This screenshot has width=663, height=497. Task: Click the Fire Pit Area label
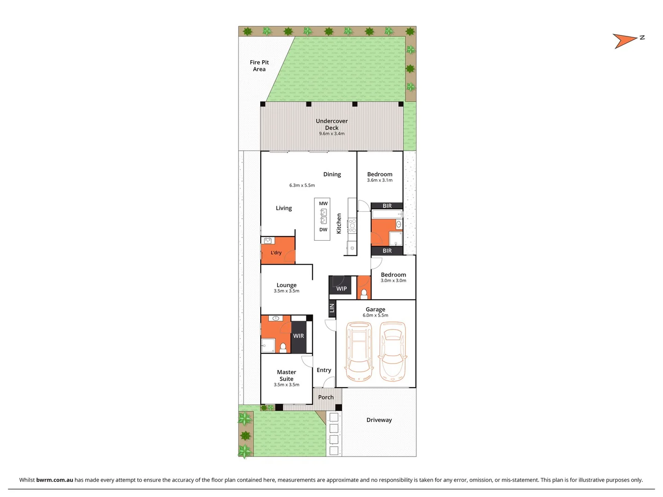[259, 66]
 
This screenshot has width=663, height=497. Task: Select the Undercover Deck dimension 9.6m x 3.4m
[331, 134]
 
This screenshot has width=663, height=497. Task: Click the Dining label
[332, 174]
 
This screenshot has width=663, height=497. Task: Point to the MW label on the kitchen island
[323, 203]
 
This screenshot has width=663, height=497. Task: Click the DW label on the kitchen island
[323, 230]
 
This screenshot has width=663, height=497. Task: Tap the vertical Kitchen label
[339, 223]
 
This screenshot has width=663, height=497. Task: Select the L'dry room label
[276, 253]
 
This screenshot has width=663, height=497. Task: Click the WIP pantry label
[341, 289]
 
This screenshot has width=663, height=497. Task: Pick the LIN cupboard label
[331, 308]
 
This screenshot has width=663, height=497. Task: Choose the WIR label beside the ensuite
[298, 336]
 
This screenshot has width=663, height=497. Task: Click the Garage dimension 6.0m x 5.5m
[375, 316]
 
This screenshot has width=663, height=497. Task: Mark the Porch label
[326, 397]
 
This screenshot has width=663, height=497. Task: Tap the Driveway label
[379, 420]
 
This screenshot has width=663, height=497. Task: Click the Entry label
[324, 370]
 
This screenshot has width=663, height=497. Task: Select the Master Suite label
[286, 376]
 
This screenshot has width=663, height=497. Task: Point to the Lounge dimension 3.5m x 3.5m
[286, 291]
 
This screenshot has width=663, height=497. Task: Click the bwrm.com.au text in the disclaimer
[54, 480]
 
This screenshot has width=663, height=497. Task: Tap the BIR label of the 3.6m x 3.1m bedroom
[387, 206]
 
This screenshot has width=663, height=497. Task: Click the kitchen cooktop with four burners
[352, 225]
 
